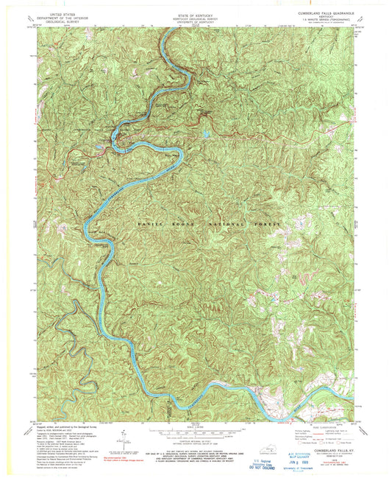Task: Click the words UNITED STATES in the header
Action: pos(64,13)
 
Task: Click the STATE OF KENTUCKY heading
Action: pos(196,13)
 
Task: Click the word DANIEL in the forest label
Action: pos(149,222)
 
